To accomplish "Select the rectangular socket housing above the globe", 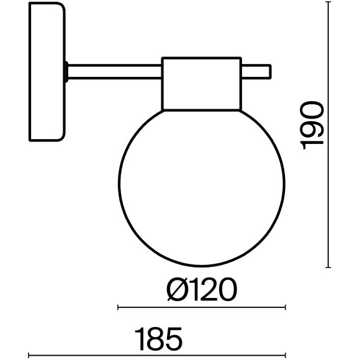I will tap(200, 83).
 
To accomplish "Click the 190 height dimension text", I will tap(312, 125).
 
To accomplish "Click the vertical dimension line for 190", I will tap(328, 134).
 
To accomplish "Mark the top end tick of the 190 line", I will tap(328, 2).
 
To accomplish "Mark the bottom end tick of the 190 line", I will tap(328, 267).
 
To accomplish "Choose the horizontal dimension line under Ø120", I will tap(202, 307).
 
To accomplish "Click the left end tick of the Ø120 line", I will tap(119, 307).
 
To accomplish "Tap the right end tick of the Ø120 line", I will tap(286, 307).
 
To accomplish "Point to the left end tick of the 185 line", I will tap(30, 356).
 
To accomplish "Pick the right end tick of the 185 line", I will tap(286, 356).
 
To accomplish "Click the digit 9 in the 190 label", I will tap(312, 125).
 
